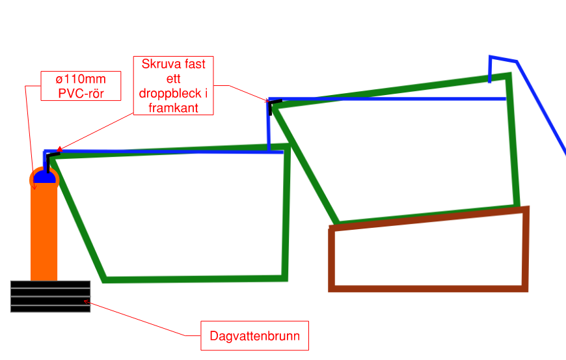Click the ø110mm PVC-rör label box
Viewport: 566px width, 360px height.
(81, 86)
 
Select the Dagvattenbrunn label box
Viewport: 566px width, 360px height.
(254, 337)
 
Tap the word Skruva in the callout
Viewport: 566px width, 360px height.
(159, 66)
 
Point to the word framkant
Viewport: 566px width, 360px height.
(173, 107)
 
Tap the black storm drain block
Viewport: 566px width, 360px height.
(50, 296)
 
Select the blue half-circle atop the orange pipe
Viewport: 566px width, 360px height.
(44, 176)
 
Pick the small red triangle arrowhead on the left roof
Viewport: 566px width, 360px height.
(60, 150)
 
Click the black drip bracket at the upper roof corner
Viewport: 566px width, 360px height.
(272, 104)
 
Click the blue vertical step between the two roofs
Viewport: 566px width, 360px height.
(269, 127)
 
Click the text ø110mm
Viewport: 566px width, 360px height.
(81, 79)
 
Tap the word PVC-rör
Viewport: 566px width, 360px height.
(81, 93)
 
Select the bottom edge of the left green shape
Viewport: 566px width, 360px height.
(195, 279)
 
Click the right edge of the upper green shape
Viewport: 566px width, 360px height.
(513, 140)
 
